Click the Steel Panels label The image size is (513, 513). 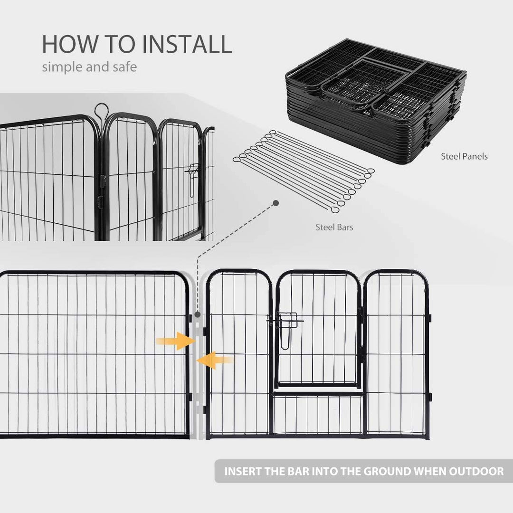coord(464,156)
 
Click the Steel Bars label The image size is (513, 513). coord(334,228)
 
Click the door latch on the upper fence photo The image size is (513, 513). coord(192,178)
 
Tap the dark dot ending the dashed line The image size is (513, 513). coord(275,203)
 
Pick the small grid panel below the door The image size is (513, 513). coord(317,415)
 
